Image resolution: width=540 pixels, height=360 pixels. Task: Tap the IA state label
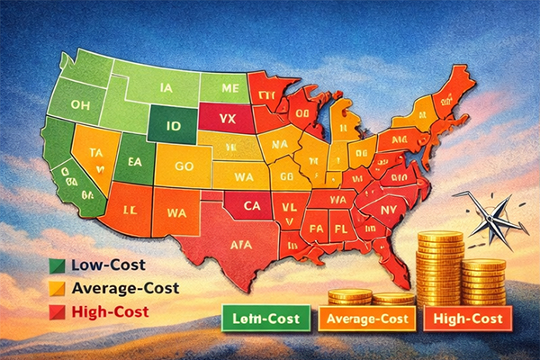164,88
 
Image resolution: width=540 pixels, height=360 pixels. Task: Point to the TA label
97,153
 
